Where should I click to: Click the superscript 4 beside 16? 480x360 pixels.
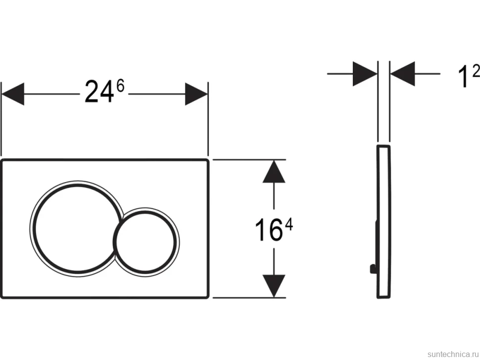click(x=288, y=225)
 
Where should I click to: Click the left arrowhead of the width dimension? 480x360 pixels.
click(x=13, y=94)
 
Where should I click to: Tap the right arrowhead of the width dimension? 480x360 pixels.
click(x=196, y=94)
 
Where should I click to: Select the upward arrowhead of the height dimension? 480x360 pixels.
click(x=274, y=172)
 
